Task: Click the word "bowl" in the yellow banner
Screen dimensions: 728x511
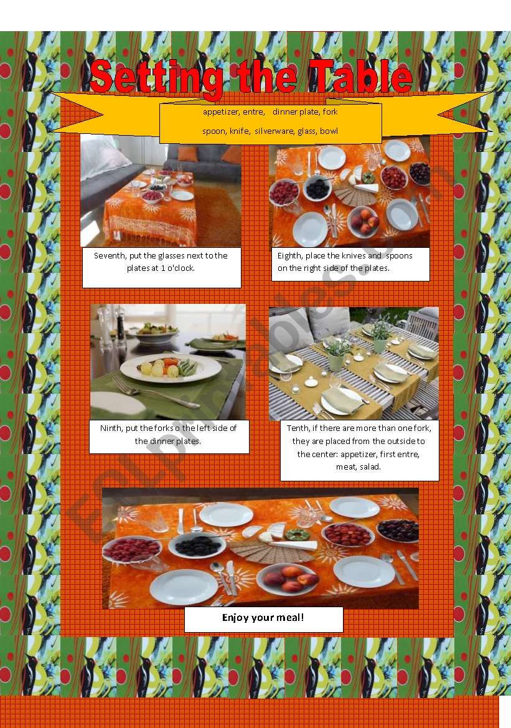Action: tap(329, 131)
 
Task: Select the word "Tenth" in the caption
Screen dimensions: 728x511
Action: tap(298, 428)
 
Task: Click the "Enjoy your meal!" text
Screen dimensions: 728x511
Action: tap(263, 618)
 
